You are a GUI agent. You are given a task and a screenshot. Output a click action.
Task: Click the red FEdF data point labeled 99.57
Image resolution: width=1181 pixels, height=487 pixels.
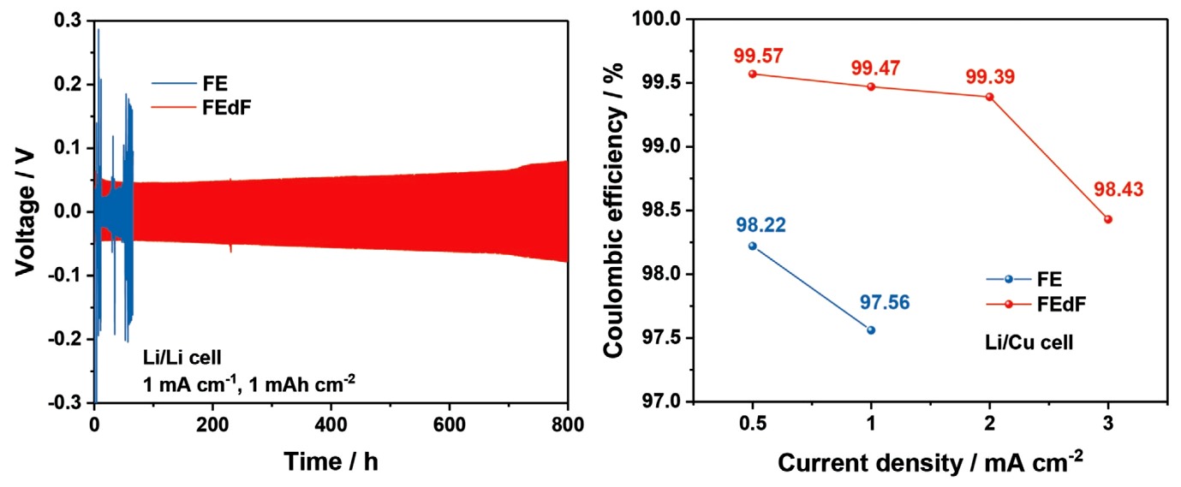[x=753, y=74]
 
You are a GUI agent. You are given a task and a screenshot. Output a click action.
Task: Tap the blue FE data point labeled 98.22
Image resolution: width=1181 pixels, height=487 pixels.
[x=753, y=246]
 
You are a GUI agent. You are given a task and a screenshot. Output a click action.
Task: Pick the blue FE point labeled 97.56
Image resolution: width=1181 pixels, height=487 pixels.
[x=871, y=330]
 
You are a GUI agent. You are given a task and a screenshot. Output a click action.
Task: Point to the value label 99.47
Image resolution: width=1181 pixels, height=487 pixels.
[x=871, y=68]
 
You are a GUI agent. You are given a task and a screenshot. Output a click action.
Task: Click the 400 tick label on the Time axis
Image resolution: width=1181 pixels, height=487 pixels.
[x=331, y=423]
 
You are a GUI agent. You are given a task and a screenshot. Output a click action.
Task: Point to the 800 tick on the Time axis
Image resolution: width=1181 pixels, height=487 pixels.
[x=567, y=423]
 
